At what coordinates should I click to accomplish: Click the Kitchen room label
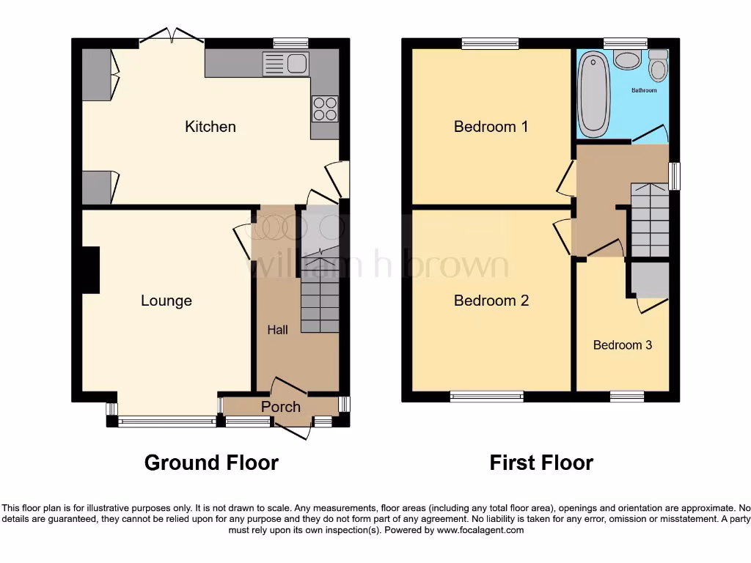(x=210, y=127)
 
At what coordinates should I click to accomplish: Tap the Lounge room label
(x=166, y=301)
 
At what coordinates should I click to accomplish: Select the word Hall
(x=277, y=330)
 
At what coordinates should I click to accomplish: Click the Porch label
(x=281, y=407)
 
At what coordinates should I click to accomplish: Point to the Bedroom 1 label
(x=491, y=127)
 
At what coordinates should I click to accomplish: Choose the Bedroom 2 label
(x=491, y=301)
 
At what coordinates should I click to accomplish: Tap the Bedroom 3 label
(x=623, y=345)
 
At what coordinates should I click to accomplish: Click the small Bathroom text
(x=644, y=90)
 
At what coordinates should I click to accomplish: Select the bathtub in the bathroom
(x=593, y=93)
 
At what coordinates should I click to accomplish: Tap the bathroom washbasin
(x=627, y=59)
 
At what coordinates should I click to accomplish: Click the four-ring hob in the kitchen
(x=325, y=109)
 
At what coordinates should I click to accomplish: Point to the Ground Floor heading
(x=211, y=463)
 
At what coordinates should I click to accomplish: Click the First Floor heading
(x=541, y=463)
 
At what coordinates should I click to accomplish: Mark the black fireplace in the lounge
(x=91, y=271)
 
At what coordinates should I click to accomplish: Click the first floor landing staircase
(x=650, y=220)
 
